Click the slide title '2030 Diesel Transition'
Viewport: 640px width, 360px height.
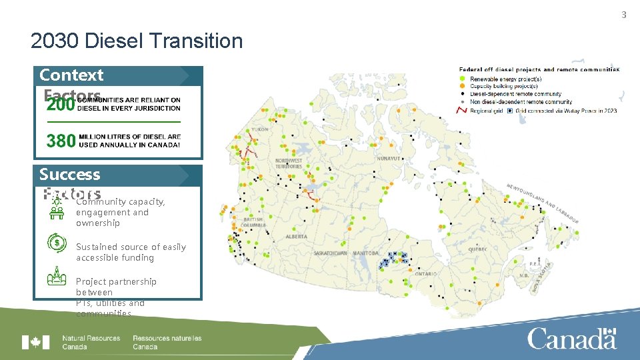click(x=137, y=41)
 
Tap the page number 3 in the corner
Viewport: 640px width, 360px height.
click(x=624, y=15)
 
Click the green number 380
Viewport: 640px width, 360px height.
click(x=60, y=140)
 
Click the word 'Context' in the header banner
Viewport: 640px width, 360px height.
click(x=71, y=75)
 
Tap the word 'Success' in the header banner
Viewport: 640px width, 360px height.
click(x=69, y=175)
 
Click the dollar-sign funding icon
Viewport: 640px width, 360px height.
click(x=57, y=242)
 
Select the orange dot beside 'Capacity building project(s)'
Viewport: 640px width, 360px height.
click(x=463, y=86)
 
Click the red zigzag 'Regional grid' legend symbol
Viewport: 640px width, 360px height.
click(x=461, y=110)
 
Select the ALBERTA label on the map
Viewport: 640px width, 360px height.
click(x=296, y=237)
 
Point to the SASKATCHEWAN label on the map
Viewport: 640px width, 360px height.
click(x=331, y=253)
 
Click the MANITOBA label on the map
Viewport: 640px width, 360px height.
click(x=365, y=253)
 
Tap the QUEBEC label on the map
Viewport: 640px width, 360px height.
click(x=477, y=249)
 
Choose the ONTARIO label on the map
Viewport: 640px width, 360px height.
click(x=426, y=274)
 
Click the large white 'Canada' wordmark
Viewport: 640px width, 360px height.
click(x=572, y=339)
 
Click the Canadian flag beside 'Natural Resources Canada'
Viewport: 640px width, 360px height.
click(x=35, y=342)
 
